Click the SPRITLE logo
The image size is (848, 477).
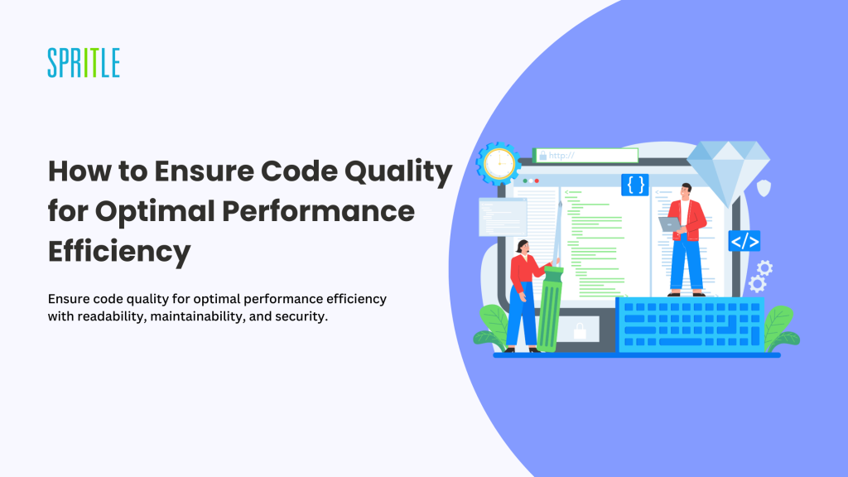(84, 63)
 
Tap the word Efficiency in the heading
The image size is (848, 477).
(119, 252)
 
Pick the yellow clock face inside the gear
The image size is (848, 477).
(499, 163)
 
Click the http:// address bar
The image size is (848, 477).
(585, 156)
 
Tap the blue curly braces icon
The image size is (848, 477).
(635, 185)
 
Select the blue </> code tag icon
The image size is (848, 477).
(744, 241)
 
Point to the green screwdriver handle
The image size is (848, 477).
(551, 309)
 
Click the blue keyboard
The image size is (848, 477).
(691, 325)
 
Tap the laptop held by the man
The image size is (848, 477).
(670, 224)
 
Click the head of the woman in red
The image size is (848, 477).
(523, 247)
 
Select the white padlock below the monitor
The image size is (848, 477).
(580, 330)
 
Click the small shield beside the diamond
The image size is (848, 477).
(764, 188)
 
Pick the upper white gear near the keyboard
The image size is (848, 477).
(764, 267)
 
